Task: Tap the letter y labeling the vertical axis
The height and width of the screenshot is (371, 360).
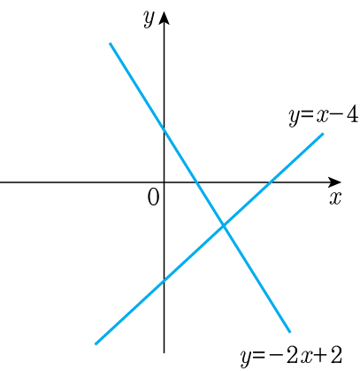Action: [149, 19]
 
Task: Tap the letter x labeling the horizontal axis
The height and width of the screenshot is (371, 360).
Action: [335, 197]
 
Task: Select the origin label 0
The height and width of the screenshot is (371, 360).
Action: [153, 197]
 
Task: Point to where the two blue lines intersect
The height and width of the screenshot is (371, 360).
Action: [224, 226]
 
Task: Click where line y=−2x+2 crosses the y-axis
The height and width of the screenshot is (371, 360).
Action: [164, 129]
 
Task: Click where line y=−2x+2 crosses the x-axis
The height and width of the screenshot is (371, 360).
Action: [197, 182]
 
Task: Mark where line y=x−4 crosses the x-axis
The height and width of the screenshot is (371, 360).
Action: [270, 182]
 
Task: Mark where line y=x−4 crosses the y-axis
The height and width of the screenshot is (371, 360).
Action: [164, 281]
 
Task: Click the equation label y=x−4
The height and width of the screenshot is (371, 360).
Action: [324, 116]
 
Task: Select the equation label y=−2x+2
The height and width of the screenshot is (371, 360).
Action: [291, 356]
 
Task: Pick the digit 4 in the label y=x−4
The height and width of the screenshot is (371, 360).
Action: [353, 114]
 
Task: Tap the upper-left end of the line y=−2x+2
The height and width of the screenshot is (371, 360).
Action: [110, 43]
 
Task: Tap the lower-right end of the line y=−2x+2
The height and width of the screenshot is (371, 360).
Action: [289, 332]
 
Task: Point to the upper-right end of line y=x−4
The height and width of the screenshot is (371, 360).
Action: [323, 134]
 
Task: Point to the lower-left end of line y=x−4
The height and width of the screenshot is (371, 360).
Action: [96, 344]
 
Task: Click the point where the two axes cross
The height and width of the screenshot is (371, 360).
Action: [164, 182]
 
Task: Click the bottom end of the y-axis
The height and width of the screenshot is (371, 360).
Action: [164, 352]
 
